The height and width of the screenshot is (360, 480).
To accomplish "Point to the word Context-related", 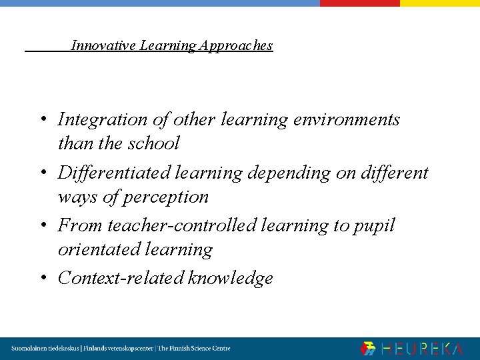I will (x=121, y=278).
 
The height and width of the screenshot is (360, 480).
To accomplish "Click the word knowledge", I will (x=231, y=279).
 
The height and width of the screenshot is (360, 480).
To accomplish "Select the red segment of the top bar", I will (x=359, y=3).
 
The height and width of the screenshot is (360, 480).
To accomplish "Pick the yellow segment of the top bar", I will (x=439, y=3).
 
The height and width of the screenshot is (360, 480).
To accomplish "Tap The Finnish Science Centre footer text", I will (x=194, y=349).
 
